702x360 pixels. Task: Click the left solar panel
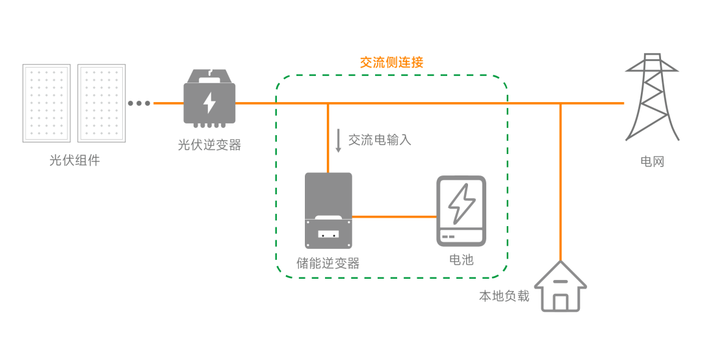pos(47,103)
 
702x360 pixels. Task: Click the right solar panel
pos(102,103)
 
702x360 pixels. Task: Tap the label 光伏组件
pos(75,161)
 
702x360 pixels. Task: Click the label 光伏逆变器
pos(209,145)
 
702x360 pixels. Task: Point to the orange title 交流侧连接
pos(391,62)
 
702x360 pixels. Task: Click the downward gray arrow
pos(338,140)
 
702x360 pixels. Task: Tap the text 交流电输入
pos(380,140)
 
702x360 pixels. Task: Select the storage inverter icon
pos(328,210)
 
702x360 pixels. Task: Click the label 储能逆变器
pos(328,263)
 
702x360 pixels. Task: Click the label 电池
pos(461,260)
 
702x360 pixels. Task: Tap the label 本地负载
pos(504,296)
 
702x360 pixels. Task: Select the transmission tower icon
pos(652,97)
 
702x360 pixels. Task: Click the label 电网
pos(652,161)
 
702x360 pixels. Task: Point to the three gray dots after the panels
pos(139,103)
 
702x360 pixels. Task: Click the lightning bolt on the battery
pos(461,203)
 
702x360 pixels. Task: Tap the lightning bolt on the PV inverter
pos(209,103)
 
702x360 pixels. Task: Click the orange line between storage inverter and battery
pos(394,216)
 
